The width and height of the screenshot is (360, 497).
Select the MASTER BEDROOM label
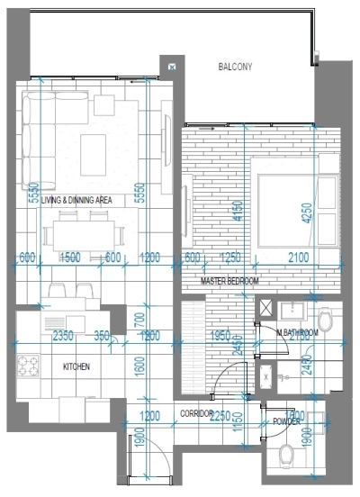click(229, 282)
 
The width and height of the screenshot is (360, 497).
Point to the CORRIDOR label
click(196, 413)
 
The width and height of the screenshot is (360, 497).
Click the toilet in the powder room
click(291, 456)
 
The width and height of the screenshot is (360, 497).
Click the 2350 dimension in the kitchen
click(62, 337)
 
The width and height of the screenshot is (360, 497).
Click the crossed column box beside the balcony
click(171, 66)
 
